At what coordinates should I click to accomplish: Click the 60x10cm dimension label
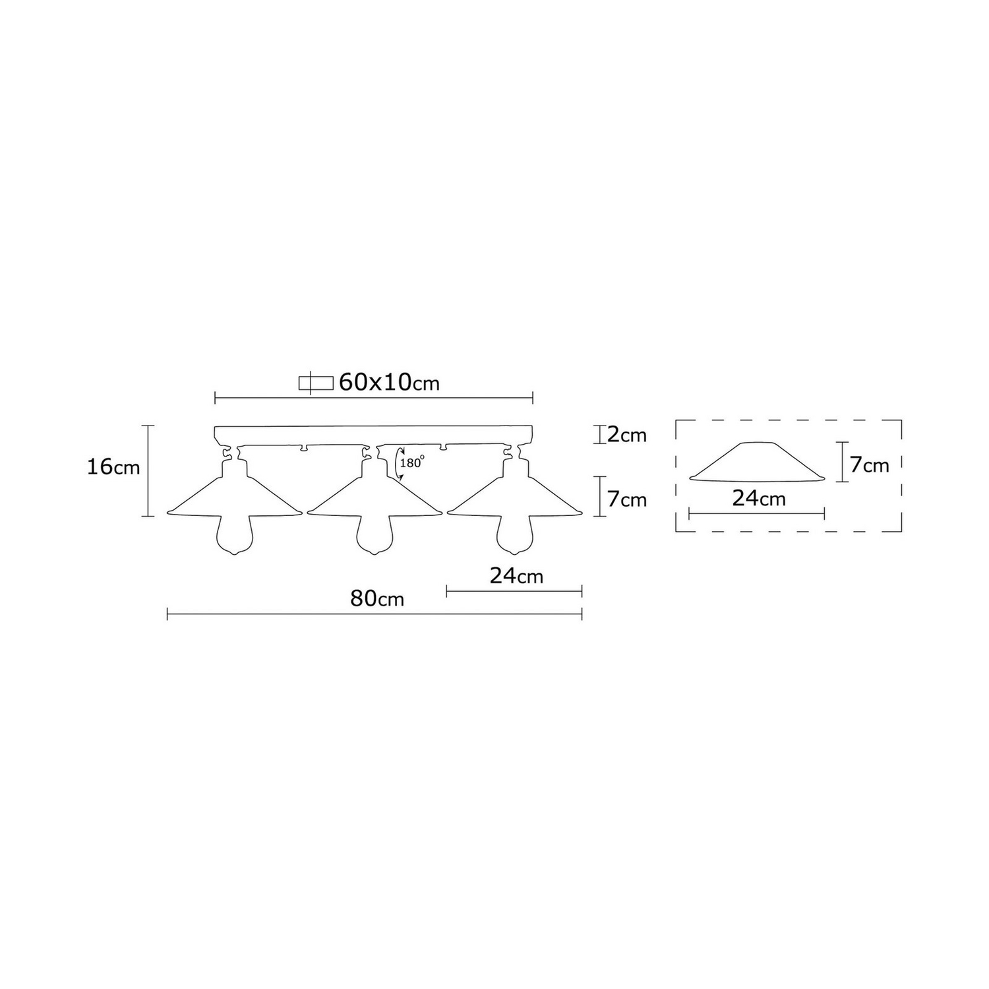pyautogui.click(x=389, y=382)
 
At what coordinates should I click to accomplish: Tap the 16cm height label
pyautogui.click(x=113, y=467)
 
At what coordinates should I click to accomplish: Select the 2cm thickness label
pyautogui.click(x=627, y=435)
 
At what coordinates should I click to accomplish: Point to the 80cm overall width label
pyautogui.click(x=377, y=598)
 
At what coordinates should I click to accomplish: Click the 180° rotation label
pyautogui.click(x=410, y=463)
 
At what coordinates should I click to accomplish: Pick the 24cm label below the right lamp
pyautogui.click(x=516, y=576)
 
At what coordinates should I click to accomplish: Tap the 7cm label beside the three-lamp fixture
pyautogui.click(x=627, y=499)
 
